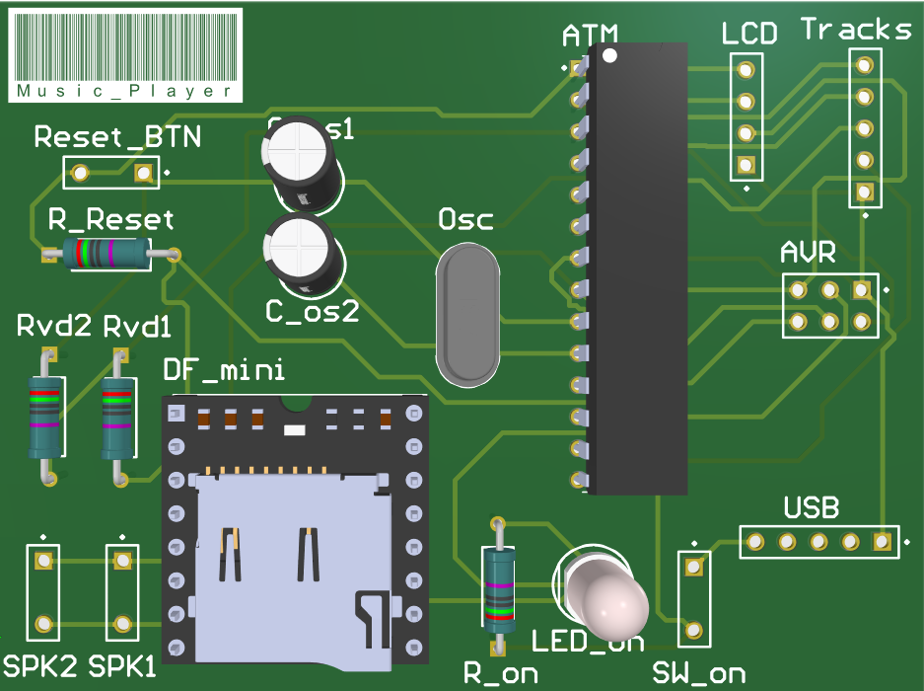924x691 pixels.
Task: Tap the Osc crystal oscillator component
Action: coord(466,314)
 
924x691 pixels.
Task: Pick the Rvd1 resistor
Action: coord(117,417)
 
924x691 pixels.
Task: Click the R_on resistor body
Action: coord(499,590)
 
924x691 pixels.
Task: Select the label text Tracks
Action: coord(856,30)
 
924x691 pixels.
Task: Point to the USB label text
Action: coord(811,509)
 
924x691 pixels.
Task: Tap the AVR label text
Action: coord(808,253)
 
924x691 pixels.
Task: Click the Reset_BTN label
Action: coord(117,137)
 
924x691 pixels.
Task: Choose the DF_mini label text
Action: coord(224,370)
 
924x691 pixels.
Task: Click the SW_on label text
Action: coord(699,673)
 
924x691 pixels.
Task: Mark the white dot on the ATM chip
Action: coord(610,55)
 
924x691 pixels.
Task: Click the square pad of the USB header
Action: coord(882,542)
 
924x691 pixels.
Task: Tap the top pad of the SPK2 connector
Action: coord(43,562)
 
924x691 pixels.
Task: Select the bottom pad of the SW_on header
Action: coord(694,629)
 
